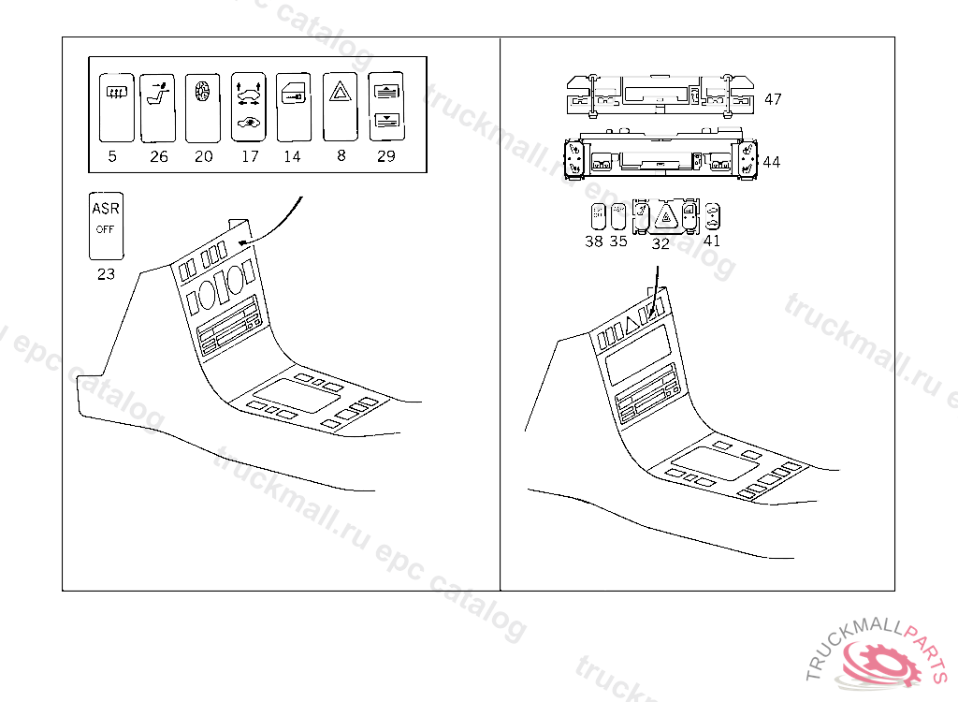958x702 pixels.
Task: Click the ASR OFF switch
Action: click(106, 226)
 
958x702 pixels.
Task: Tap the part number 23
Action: click(106, 274)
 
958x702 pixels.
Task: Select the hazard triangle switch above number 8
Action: click(340, 107)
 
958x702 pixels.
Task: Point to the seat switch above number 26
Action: click(158, 107)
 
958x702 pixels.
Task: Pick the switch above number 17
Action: click(248, 107)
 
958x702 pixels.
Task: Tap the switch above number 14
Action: click(294, 107)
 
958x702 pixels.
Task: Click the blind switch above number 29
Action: click(385, 107)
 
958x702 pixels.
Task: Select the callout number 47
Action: click(773, 98)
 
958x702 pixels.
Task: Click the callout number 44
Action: click(772, 162)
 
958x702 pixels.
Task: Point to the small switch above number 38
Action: click(597, 216)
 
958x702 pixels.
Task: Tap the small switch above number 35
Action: click(617, 216)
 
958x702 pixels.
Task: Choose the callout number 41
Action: click(712, 241)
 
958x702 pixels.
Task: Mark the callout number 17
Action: click(250, 156)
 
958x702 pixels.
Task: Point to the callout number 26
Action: click(159, 156)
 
